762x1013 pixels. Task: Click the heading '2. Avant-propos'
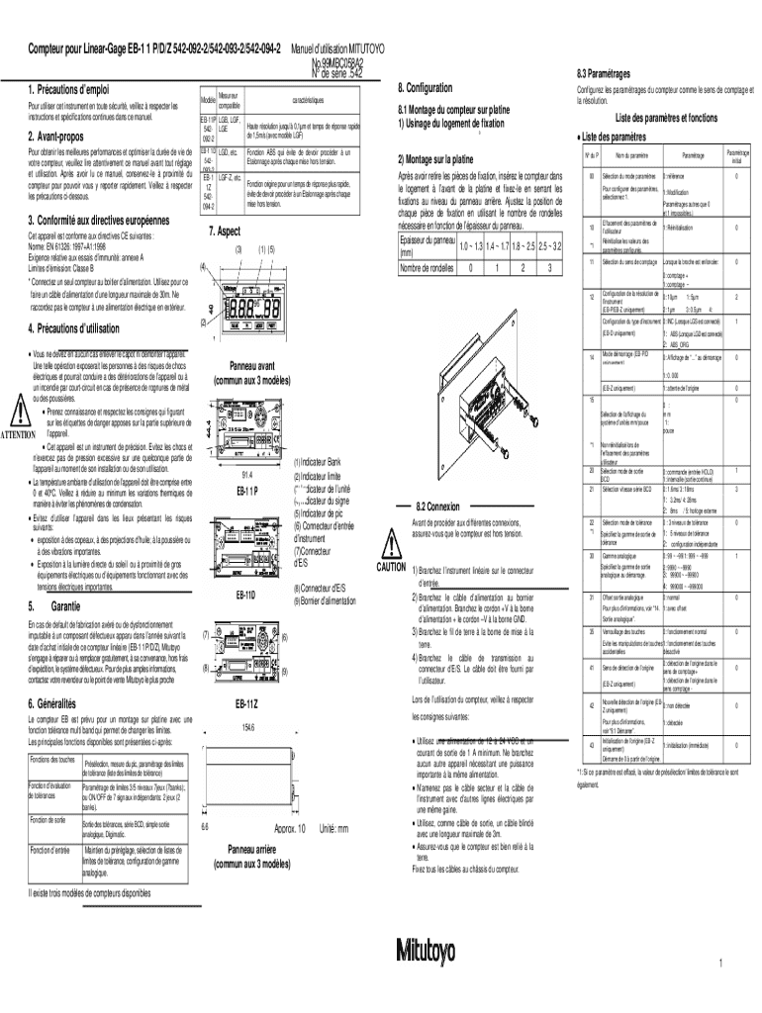tap(57, 137)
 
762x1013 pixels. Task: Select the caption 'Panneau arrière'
tap(242, 849)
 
